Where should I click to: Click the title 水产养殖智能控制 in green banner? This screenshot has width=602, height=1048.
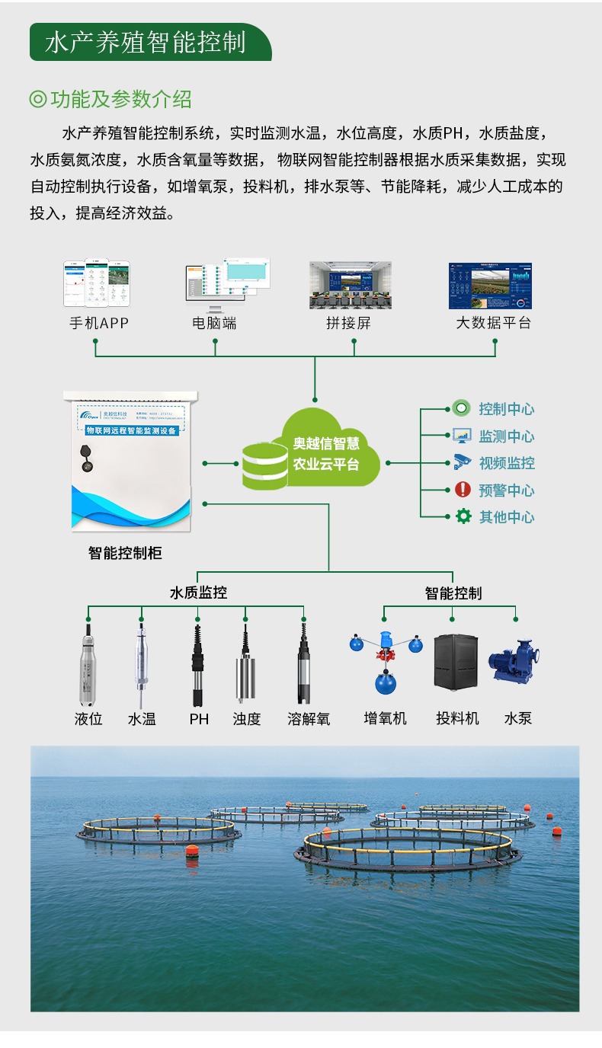point(146,42)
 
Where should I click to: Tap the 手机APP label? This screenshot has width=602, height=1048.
point(99,323)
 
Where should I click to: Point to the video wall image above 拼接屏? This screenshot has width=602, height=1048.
point(350,286)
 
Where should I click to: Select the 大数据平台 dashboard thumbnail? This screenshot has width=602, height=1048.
point(490,286)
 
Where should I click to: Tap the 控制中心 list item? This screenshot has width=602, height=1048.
point(506,409)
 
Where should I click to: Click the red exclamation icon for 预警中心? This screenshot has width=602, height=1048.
point(463,490)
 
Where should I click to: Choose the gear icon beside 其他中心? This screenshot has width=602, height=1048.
point(463,516)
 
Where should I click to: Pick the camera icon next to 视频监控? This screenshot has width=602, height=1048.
point(463,462)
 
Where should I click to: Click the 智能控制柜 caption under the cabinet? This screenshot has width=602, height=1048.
point(125,553)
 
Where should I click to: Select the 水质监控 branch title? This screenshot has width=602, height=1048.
point(198,593)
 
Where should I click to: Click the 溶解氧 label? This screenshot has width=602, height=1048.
point(309,718)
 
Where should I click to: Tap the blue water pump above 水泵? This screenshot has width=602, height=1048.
point(515,660)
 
